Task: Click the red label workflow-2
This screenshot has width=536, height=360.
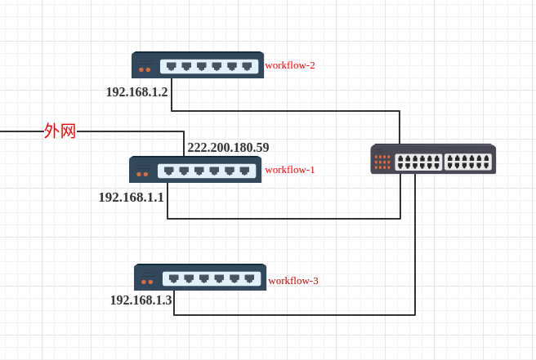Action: (x=290, y=65)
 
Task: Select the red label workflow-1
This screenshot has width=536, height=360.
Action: (x=290, y=170)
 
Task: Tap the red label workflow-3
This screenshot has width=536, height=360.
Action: (x=293, y=281)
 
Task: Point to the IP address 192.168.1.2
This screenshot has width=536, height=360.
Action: (x=136, y=92)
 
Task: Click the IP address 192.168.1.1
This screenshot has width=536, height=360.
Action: (x=131, y=198)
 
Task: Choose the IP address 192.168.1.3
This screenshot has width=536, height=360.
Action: (x=141, y=300)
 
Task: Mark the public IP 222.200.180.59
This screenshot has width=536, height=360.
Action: (x=228, y=148)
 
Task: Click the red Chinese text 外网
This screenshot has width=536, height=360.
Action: (x=60, y=131)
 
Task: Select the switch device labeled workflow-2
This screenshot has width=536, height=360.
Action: (x=198, y=65)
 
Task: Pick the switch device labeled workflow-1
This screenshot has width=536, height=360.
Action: (x=195, y=170)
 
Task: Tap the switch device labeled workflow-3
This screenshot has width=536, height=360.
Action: (x=200, y=278)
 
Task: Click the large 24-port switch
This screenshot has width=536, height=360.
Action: (x=433, y=159)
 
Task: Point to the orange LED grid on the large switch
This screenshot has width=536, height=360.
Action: (x=382, y=162)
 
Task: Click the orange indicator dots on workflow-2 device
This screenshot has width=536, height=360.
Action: (x=145, y=69)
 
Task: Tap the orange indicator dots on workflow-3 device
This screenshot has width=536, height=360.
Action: (x=147, y=282)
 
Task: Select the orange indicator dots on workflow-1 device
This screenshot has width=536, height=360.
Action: (x=142, y=174)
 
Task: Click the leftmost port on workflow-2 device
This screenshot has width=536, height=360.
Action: (x=171, y=66)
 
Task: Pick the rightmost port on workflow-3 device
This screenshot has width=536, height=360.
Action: (x=249, y=278)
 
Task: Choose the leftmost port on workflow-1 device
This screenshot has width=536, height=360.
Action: (x=168, y=171)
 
